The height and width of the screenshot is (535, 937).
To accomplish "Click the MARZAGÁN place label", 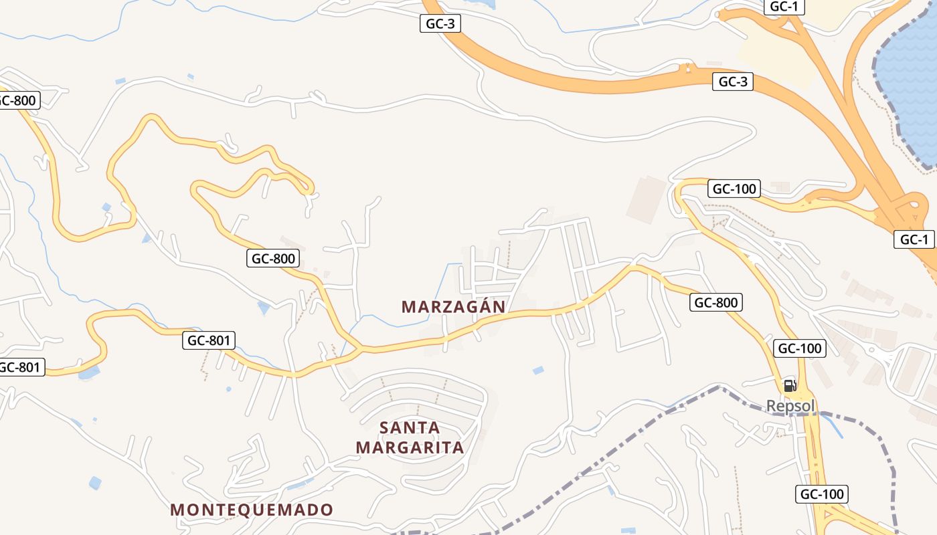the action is pos(453,306).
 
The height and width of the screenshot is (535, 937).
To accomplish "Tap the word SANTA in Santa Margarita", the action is pos(410,427).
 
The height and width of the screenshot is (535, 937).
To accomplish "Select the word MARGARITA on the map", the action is pos(410,447).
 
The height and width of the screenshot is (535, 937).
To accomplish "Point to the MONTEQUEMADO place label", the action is pos(251,510).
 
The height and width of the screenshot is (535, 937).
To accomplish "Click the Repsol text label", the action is pos(790,405).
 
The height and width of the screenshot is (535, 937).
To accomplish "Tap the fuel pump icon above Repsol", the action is pos(790,385).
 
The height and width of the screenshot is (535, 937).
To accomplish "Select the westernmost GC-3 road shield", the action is pos(441,23).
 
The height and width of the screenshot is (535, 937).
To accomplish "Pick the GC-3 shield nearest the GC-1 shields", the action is pos(733,82).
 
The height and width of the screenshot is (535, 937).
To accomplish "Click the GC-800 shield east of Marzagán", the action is pos(715,302).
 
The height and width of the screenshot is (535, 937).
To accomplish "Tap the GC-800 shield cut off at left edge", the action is pos(18,100).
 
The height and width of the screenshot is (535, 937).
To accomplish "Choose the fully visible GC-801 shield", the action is pos(208,340).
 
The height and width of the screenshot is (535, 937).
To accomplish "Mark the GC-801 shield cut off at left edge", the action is pos(20,366).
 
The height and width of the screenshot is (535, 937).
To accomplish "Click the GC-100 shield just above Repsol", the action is pos(799,348).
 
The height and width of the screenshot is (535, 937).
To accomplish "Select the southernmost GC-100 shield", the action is pos(822,494).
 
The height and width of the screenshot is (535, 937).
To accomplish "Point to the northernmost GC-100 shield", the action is pos(734,189).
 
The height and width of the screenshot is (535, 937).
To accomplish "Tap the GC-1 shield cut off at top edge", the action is pos(784,7).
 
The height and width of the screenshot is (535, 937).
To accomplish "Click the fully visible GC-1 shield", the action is pos(914,239).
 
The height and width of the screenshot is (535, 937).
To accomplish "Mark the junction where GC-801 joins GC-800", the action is pos(361,348).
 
